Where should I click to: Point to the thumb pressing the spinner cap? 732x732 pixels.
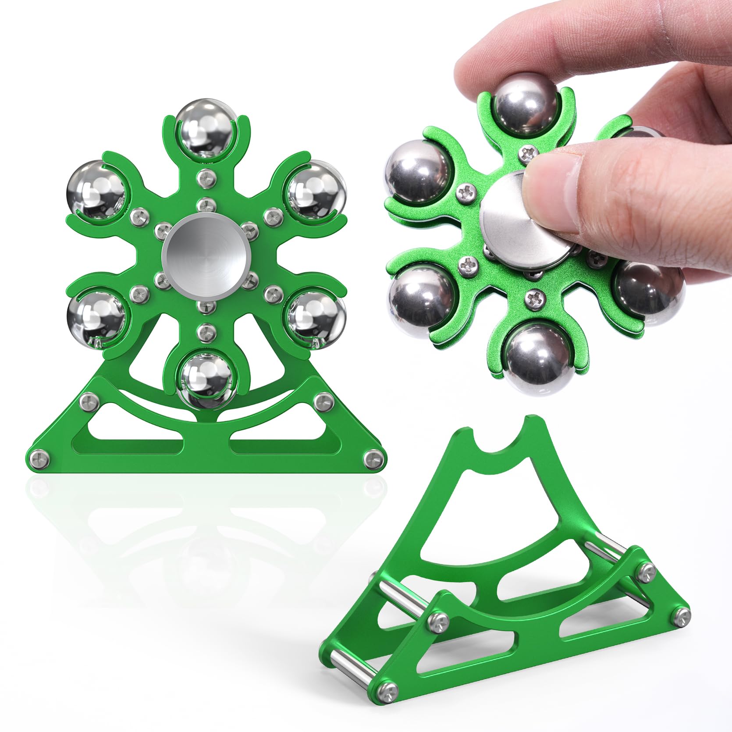tap(565, 193)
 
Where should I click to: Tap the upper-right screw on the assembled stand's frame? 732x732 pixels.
tap(322, 399)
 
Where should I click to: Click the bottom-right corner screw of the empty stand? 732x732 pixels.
tap(682, 616)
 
